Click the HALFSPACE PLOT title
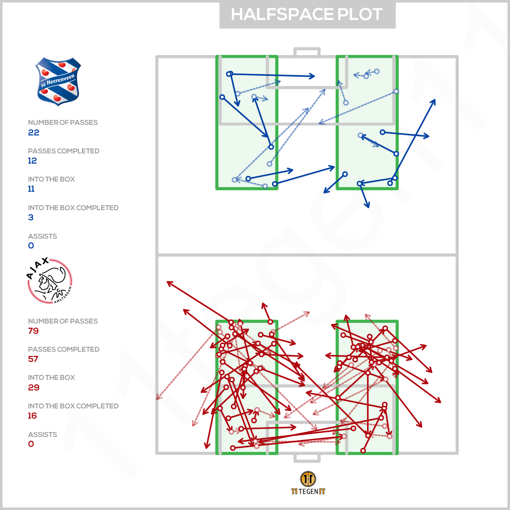click(x=307, y=15)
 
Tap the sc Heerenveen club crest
click(x=58, y=82)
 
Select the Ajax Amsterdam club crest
click(x=50, y=281)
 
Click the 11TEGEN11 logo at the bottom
click(x=308, y=483)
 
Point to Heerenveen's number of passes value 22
click(x=33, y=133)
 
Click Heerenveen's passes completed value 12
click(x=32, y=161)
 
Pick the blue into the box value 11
click(x=31, y=189)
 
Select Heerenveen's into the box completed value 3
click(x=31, y=217)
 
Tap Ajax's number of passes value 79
click(x=33, y=331)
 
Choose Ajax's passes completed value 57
click(x=33, y=359)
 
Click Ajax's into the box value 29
click(x=33, y=388)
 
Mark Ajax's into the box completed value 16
click(x=32, y=416)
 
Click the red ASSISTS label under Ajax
click(x=42, y=435)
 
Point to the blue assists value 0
click(x=31, y=246)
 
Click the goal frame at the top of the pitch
click(x=307, y=52)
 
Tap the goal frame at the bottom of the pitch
click(x=307, y=458)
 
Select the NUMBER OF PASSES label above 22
click(x=63, y=122)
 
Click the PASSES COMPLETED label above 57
click(x=64, y=349)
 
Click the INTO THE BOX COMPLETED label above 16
click(x=73, y=406)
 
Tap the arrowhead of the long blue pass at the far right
click(x=434, y=101)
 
